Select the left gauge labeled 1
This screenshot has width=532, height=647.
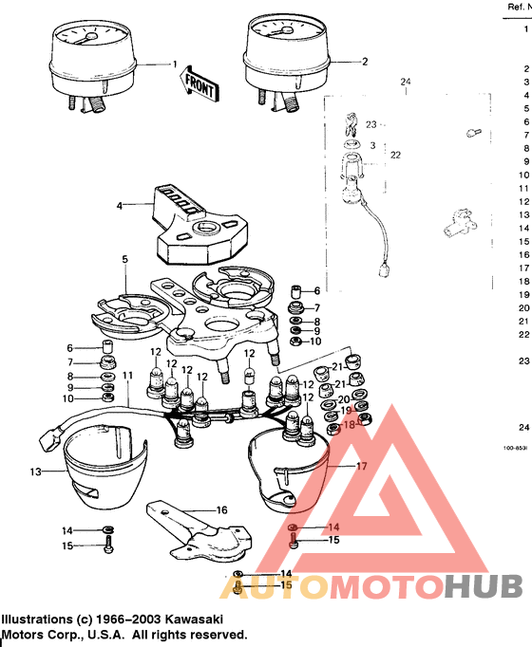point(88,59)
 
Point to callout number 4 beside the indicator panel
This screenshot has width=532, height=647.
point(120,205)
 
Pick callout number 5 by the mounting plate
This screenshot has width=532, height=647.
point(123,258)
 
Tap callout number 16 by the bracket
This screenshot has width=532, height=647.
point(221,509)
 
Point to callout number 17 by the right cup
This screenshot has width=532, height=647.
point(361,467)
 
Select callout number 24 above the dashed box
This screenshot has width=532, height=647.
point(405,83)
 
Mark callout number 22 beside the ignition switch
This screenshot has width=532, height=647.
point(396,155)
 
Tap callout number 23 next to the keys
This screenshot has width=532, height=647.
point(371,124)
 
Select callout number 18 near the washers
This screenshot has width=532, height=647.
point(348,426)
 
